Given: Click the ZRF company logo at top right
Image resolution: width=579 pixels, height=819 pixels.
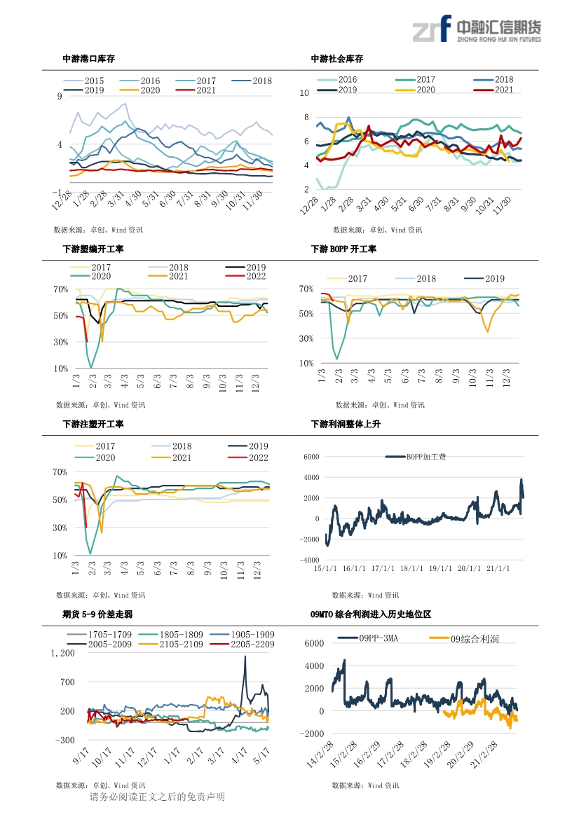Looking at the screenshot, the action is (477, 29).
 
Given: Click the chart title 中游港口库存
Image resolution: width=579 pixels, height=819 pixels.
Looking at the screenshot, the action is (89, 59).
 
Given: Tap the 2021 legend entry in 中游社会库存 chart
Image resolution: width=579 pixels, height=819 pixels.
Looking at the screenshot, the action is (493, 90).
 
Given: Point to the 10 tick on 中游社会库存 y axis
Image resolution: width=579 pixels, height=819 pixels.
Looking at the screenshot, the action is (304, 93).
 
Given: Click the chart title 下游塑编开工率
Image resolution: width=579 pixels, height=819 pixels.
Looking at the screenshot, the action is (93, 249).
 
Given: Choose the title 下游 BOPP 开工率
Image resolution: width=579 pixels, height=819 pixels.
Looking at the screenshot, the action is (343, 249).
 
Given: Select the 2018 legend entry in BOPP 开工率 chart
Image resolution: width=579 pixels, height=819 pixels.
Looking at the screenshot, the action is (416, 279).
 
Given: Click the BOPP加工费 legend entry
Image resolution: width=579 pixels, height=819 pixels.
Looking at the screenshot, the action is (416, 457).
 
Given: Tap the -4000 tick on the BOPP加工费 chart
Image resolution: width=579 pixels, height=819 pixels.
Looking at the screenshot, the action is (309, 560).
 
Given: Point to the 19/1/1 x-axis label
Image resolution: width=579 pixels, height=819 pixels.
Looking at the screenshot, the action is (440, 568).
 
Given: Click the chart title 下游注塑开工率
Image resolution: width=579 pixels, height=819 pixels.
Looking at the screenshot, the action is (93, 424).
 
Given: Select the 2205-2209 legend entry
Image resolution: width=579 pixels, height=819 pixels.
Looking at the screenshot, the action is (242, 645).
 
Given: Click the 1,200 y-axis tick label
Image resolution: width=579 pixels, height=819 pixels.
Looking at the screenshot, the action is (62, 654).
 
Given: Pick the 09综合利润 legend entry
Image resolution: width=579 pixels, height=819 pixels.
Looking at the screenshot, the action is (464, 639).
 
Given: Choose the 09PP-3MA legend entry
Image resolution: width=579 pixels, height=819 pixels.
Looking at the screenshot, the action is (368, 638).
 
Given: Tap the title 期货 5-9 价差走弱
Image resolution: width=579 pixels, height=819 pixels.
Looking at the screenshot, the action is (97, 614).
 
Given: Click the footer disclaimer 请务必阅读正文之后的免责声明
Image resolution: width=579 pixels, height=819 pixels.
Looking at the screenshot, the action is (157, 797).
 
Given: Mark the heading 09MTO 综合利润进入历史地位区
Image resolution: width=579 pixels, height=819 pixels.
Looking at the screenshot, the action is (371, 614).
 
